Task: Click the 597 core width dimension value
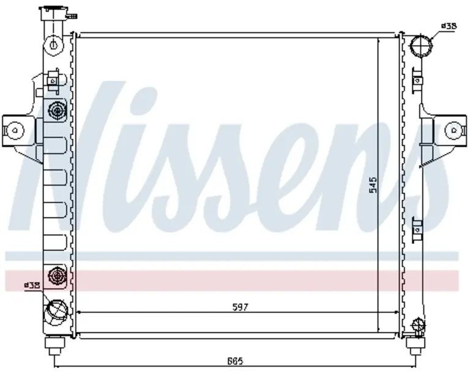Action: click(x=240, y=307)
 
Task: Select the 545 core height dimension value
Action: click(x=373, y=185)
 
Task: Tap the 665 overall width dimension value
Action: click(x=235, y=361)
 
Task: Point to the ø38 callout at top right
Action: click(x=449, y=26)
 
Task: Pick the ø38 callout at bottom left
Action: click(x=32, y=285)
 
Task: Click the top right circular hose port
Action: click(x=421, y=46)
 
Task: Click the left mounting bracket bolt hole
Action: click(x=15, y=130)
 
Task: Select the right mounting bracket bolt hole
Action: click(x=454, y=130)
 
